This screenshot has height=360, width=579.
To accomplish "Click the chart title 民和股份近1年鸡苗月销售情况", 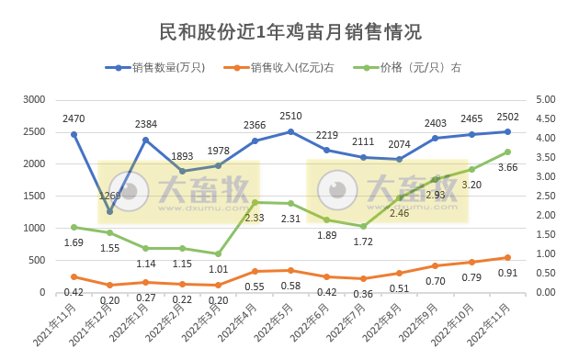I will point(290,32).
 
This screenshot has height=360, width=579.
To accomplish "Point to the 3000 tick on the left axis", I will point(33,99).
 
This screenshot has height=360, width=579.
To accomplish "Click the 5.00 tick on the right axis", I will point(544,99).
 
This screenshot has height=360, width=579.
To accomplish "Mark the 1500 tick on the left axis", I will point(33,196).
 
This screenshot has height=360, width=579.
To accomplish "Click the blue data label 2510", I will point(290,117).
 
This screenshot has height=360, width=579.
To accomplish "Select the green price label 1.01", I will point(218,270).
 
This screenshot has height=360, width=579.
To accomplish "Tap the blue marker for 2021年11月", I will point(74,134).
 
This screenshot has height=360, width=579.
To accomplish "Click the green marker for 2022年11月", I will point(508,152).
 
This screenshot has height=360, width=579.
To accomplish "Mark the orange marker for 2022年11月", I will point(508,257).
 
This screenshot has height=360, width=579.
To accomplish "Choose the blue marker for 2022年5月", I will point(290,131).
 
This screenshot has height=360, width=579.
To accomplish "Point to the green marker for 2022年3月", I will point(219,253).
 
